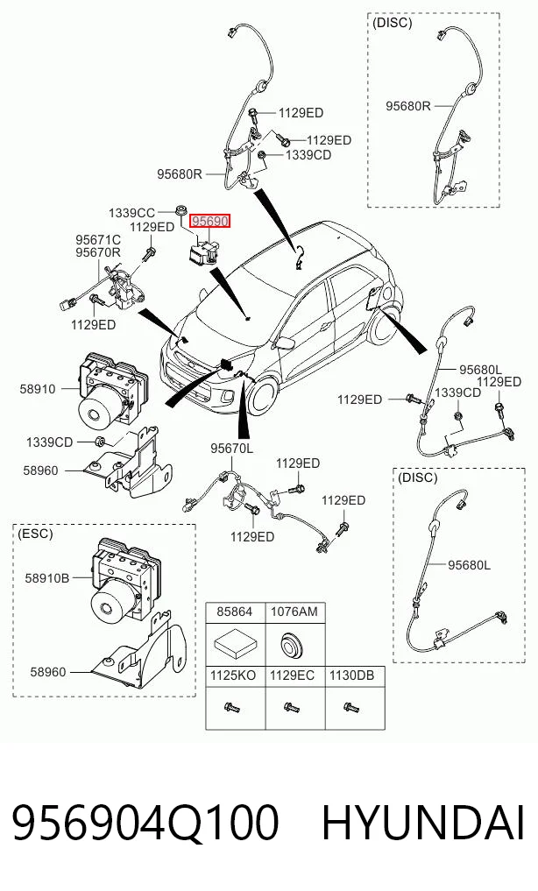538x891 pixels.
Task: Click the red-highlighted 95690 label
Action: coord(210,221)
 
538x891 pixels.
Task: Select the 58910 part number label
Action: coord(38,389)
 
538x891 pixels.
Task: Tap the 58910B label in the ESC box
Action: coord(46,578)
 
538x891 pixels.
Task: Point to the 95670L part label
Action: coord(232,449)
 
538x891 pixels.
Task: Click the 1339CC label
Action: coord(131,213)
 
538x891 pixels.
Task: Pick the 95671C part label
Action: coord(98,240)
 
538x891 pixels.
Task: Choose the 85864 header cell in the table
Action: coord(235,612)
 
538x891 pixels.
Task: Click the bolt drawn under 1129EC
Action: coord(292,708)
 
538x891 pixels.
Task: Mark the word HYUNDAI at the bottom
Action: coord(422,823)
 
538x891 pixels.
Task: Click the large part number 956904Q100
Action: coord(145,823)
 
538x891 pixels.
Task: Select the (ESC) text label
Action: coord(35,534)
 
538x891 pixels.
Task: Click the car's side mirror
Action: coord(283,343)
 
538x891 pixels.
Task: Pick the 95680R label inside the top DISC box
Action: coord(408,106)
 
